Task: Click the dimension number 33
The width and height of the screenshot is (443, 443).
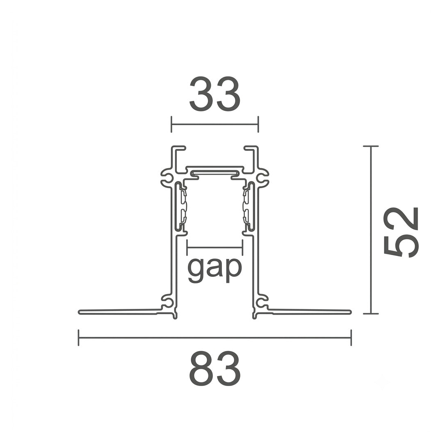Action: tap(215, 94)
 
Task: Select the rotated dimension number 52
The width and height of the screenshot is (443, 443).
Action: tap(401, 232)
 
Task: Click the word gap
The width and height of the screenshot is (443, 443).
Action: tap(215, 269)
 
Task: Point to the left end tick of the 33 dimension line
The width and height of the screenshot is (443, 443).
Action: tap(171, 124)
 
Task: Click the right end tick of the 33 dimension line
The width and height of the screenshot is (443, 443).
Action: tap(258, 124)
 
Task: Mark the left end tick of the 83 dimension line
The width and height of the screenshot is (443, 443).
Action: tap(78, 337)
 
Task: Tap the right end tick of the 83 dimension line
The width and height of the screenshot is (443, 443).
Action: tap(351, 337)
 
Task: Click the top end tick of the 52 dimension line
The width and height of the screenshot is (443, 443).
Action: tap(371, 146)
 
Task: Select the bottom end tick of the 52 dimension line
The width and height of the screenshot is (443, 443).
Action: tap(371, 314)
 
